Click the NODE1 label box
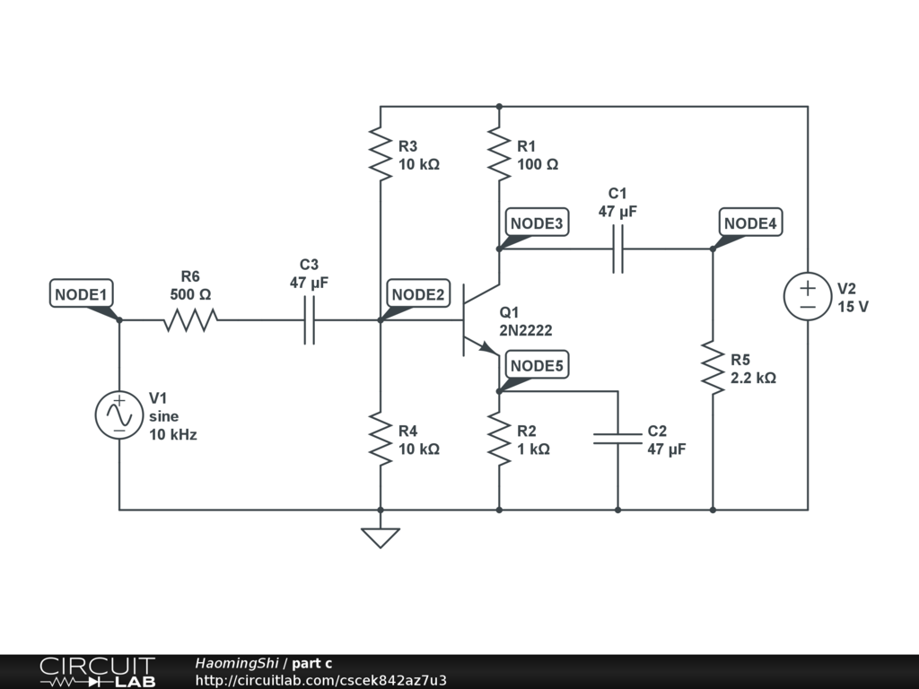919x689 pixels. [81, 293]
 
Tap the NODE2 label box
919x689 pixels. [418, 293]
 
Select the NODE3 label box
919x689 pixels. [537, 222]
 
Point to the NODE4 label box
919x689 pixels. [750, 222]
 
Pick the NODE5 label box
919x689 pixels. [537, 365]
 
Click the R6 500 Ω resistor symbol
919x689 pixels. [190, 320]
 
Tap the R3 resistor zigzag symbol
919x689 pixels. [381, 154]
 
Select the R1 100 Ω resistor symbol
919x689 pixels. [499, 154]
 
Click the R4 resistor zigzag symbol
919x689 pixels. [381, 439]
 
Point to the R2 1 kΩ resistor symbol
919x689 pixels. [499, 439]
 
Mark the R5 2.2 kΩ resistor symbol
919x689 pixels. [713, 368]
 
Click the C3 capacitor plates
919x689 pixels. [309, 320]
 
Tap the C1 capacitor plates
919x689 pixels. [617, 249]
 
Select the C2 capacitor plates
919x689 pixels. [617, 438]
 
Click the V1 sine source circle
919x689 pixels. [119, 414]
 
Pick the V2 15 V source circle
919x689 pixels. [808, 296]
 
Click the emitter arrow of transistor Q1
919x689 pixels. [489, 348]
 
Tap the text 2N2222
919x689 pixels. [526, 330]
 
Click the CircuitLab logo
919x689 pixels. [97, 671]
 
